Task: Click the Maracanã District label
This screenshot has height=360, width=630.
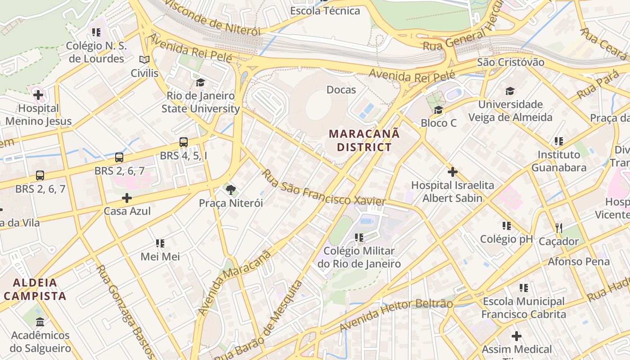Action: coord(364,140)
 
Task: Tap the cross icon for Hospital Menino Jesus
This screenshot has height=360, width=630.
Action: coord(38,95)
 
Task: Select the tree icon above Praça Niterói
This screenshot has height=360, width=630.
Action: coord(231,190)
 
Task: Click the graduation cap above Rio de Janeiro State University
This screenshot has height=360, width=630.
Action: coord(200,82)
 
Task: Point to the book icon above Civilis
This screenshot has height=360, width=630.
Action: coord(144,60)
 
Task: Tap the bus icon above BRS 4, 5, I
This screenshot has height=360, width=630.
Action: coord(184,142)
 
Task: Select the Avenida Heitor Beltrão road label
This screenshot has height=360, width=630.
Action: coord(396,315)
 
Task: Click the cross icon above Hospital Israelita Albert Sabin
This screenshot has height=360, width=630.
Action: coord(452,172)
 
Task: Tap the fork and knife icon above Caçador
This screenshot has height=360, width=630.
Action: coord(558,228)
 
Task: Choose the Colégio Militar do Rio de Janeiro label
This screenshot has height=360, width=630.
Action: coord(359,257)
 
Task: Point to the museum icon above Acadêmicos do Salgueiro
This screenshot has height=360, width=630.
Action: coord(40,322)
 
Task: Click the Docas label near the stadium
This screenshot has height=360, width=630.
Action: coord(341,90)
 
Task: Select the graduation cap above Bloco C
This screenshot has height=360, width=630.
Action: coord(438,110)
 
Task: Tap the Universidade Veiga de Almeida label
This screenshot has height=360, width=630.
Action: coord(510,111)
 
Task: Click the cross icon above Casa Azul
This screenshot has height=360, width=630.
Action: coord(127,198)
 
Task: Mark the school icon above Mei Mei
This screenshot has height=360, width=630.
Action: coord(160,243)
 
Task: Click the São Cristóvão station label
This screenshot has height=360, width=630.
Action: coord(510,62)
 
